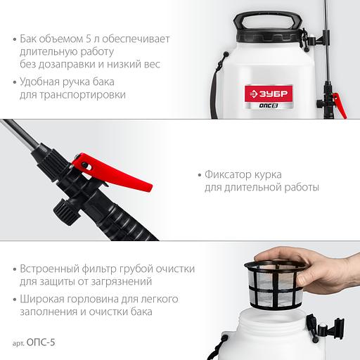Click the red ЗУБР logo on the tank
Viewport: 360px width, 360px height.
269,94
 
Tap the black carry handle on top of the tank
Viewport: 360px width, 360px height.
267,20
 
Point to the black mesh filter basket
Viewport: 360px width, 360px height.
275,284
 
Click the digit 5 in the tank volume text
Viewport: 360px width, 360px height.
89,39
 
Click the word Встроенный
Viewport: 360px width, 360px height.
49,269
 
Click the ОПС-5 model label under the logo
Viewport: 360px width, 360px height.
269,105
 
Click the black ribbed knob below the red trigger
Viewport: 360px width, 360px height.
66,212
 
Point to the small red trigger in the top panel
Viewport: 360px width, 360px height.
340,105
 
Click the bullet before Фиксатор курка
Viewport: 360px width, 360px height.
200,175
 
